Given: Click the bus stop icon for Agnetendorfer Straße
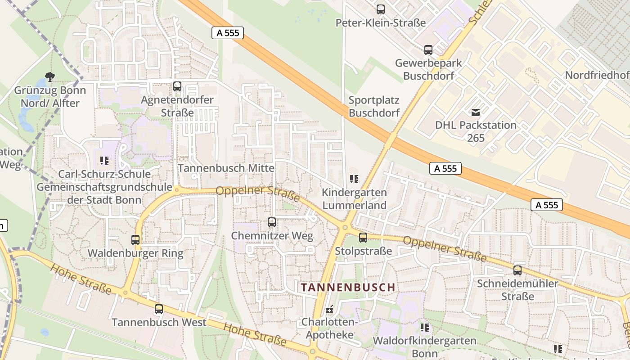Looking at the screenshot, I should [177, 86].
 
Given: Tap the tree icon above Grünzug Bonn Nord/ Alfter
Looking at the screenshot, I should [50, 77].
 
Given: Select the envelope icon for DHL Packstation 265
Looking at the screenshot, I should [476, 112].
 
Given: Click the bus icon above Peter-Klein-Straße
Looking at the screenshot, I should [381, 9].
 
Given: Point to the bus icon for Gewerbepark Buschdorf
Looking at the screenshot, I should [428, 49].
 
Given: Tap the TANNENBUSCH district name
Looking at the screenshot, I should [348, 287].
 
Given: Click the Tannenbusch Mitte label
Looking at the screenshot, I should [226, 168].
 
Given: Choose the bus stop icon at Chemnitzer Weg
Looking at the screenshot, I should [272, 222].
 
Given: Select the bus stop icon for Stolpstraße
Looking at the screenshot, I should [363, 237].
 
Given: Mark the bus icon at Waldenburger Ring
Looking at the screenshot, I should [135, 239].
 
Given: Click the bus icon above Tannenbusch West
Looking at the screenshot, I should [159, 309].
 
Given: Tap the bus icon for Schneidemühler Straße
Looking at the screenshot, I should [517, 270].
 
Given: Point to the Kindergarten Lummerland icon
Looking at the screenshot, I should [354, 179].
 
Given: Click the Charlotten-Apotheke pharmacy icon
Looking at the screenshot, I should [329, 309].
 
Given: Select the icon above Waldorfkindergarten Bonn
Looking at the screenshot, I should [424, 327].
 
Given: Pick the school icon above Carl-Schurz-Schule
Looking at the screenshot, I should [104, 160].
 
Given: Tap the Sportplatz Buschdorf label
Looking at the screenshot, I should [374, 107].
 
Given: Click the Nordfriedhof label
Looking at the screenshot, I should [597, 75].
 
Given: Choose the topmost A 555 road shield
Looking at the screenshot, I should [228, 32].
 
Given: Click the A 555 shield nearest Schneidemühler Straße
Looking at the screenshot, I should [547, 205].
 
